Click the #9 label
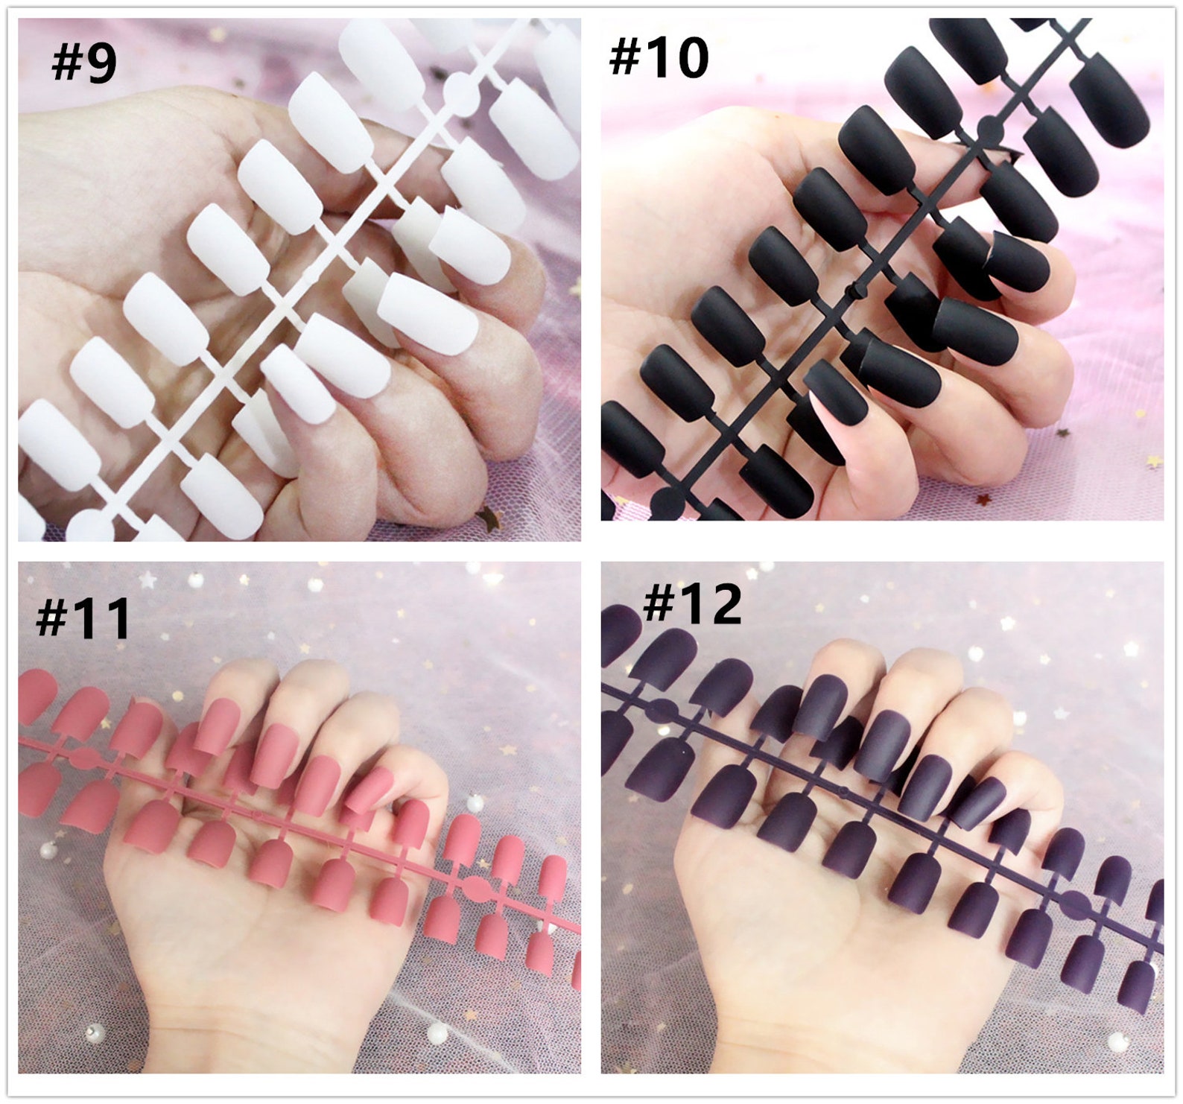[x=83, y=63]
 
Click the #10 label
[x=659, y=57]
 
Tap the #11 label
[x=83, y=618]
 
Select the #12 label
[x=692, y=604]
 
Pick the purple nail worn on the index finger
[x=818, y=707]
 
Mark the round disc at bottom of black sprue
[x=666, y=504]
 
